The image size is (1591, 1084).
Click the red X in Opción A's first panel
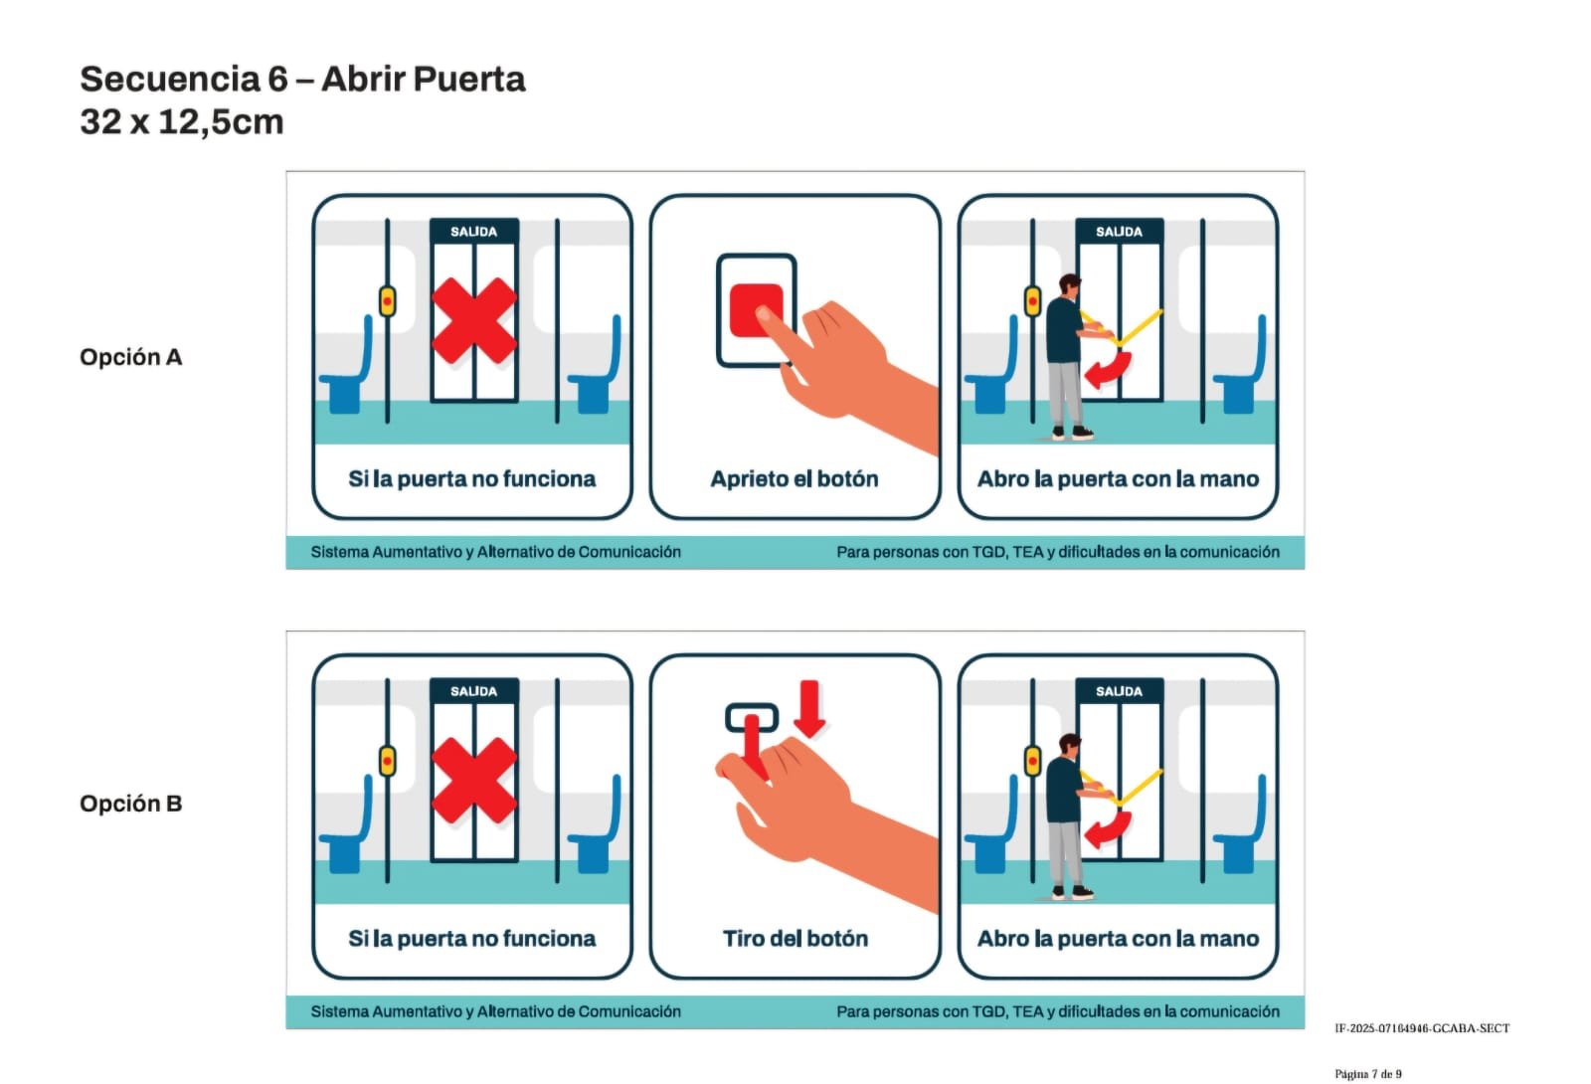(473, 321)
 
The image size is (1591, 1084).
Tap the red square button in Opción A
(756, 309)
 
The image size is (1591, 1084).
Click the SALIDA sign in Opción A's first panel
(473, 232)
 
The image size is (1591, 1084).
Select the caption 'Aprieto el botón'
(795, 478)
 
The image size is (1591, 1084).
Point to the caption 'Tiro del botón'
(795, 939)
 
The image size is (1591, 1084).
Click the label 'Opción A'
(130, 357)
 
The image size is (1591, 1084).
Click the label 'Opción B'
(130, 804)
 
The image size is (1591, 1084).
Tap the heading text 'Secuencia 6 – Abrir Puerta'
(302, 79)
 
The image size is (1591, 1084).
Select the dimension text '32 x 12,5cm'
(182, 121)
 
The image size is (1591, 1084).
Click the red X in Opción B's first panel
(473, 781)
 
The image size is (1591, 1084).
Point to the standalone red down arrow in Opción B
(809, 707)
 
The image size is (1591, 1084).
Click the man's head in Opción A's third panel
(1069, 285)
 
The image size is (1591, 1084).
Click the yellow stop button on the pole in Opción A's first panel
(387, 302)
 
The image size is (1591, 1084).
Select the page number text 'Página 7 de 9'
(1368, 1074)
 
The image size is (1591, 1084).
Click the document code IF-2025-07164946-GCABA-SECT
(1422, 1028)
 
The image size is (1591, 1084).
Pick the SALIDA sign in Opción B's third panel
(1120, 691)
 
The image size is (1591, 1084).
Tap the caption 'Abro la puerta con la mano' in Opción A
(1118, 478)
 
